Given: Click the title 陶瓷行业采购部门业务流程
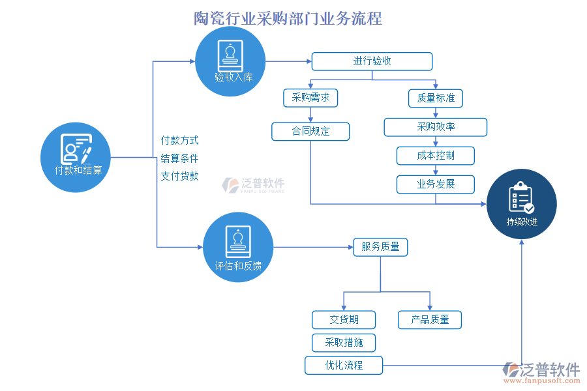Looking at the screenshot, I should click(x=288, y=18).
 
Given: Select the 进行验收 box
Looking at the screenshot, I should click(x=372, y=61).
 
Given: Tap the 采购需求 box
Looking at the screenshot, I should click(x=310, y=98).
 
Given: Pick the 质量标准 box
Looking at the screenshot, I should click(x=436, y=98).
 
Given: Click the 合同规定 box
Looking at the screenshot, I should click(x=310, y=131).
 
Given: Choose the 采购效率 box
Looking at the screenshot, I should click(x=436, y=126).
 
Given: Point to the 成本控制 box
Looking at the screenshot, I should click(x=436, y=156).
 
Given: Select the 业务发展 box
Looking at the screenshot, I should click(x=436, y=184).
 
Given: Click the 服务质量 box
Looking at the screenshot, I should click(x=380, y=247).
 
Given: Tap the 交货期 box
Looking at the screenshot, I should click(x=344, y=319).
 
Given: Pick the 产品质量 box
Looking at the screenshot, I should click(x=430, y=319).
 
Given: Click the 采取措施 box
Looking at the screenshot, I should click(x=344, y=342).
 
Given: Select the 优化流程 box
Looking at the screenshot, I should click(x=344, y=365).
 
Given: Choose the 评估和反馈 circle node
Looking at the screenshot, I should click(x=239, y=247).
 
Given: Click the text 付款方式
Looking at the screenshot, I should click(x=179, y=140).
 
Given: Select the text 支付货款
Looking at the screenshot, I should click(x=179, y=175).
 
